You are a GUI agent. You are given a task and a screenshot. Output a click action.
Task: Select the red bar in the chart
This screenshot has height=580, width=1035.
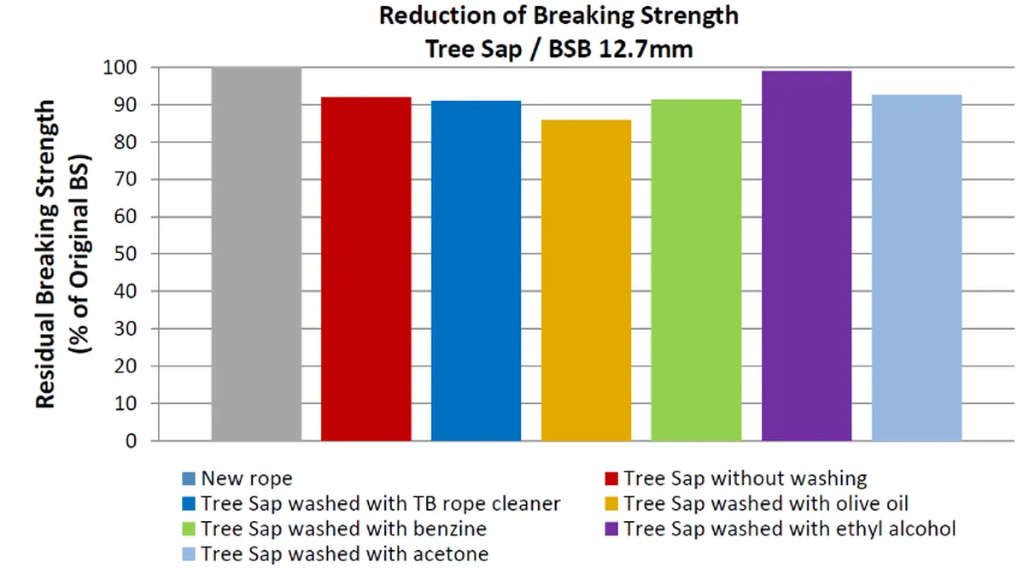(x=365, y=268)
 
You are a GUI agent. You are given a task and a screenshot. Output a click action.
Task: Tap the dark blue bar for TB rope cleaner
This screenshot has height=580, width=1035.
(x=476, y=271)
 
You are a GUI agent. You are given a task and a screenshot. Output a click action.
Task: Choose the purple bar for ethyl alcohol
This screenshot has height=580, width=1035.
(x=806, y=255)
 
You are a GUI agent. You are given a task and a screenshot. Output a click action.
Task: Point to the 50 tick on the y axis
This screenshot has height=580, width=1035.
(x=130, y=255)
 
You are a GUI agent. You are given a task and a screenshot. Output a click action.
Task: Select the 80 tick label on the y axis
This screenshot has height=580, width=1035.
(x=130, y=143)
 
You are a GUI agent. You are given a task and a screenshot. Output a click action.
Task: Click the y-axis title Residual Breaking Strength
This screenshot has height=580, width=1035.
(x=46, y=254)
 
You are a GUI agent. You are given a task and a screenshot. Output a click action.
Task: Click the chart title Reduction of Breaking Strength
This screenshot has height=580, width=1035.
(x=558, y=15)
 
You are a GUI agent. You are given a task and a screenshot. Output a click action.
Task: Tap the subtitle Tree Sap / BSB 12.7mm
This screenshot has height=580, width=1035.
(x=558, y=50)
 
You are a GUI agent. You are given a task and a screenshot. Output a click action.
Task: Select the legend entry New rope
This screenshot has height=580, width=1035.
(x=247, y=478)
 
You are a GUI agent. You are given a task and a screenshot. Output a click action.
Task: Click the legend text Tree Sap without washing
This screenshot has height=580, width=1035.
(x=745, y=478)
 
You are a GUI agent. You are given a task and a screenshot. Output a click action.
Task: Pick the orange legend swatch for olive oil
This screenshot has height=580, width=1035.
(x=611, y=504)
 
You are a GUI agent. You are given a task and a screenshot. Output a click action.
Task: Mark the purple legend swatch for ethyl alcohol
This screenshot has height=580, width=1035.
(x=611, y=530)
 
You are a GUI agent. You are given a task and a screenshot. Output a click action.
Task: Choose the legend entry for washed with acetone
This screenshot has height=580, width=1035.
(x=344, y=554)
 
